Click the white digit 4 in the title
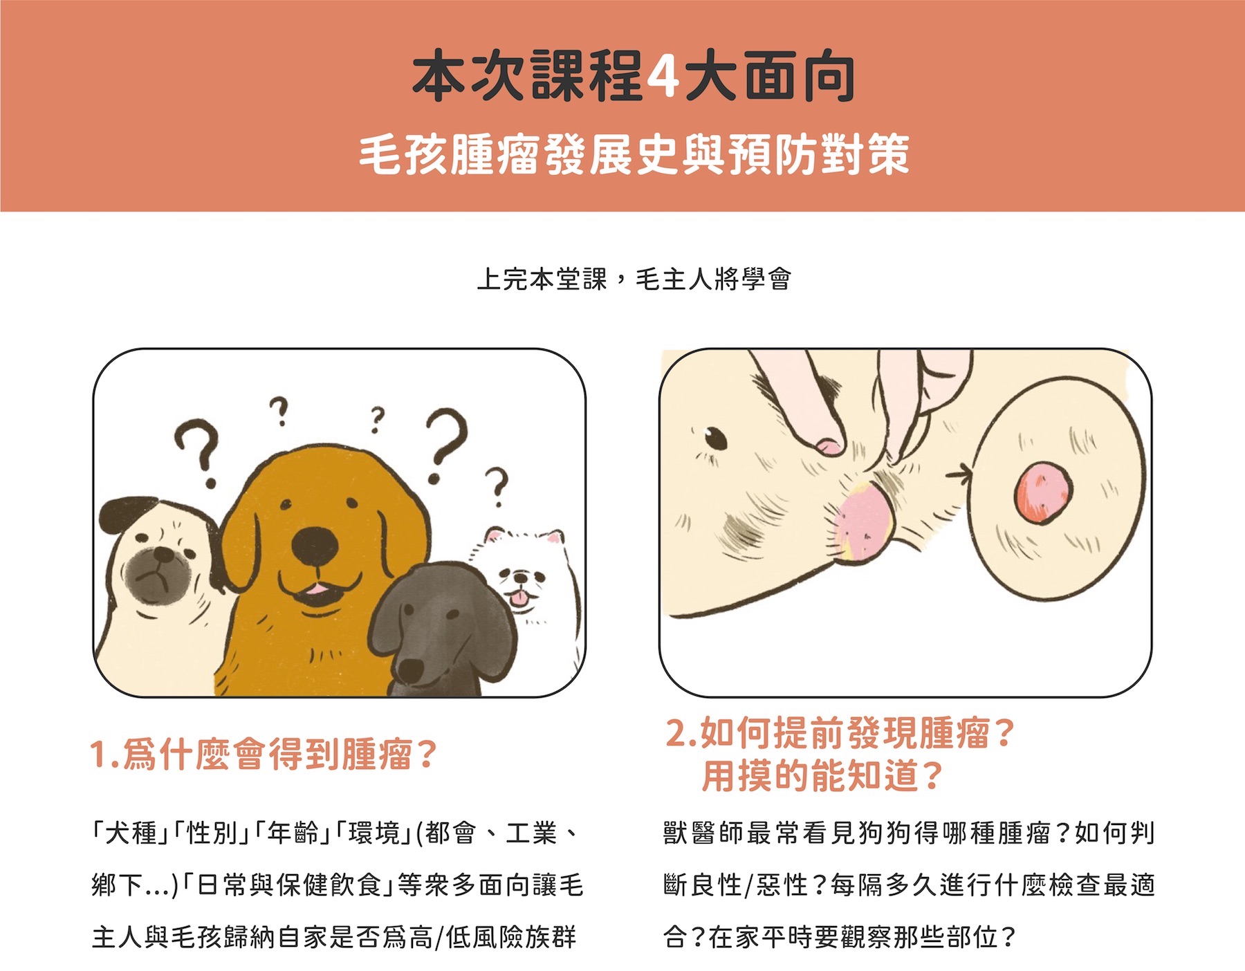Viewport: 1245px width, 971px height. coord(662,77)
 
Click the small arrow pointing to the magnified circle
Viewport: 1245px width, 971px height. coord(959,474)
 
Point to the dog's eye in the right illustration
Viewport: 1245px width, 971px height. coord(714,438)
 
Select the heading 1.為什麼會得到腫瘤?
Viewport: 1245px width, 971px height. coord(263,755)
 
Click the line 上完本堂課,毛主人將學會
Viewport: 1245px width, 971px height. coord(634,279)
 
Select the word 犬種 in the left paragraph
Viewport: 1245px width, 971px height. coord(131,833)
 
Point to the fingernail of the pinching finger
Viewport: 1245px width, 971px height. coord(829,446)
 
